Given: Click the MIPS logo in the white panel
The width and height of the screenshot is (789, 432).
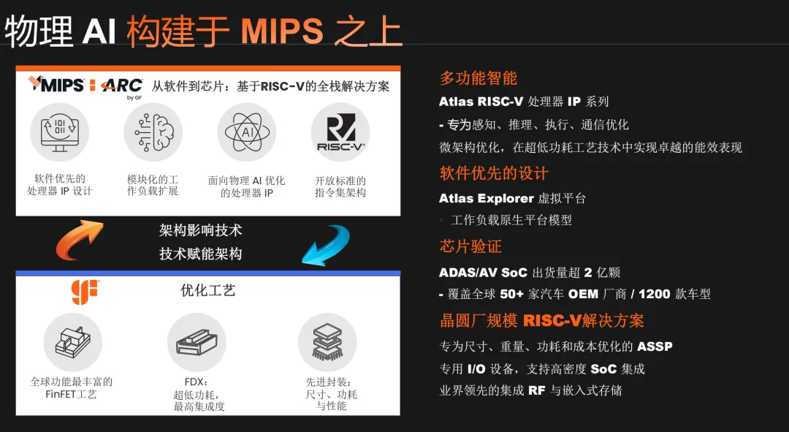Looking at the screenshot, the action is tap(56, 85).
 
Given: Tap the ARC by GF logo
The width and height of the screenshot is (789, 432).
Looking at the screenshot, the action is tap(122, 88).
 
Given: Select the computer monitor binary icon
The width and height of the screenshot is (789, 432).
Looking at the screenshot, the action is tap(59, 132).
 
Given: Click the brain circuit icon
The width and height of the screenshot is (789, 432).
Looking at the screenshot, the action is tap(153, 132).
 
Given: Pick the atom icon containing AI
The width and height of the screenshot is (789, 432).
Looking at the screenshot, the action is tap(247, 132).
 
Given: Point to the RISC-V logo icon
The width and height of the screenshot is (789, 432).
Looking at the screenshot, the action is tap(340, 132).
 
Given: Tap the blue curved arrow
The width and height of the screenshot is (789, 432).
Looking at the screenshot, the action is tap(326, 243).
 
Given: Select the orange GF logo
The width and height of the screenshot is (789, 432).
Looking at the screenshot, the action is tap(85, 292).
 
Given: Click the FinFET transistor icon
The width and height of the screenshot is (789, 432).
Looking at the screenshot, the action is tap(73, 342).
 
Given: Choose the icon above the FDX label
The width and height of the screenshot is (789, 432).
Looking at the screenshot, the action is tap(197, 342).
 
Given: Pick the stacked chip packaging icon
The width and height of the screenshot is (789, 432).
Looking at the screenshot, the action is tap(327, 342).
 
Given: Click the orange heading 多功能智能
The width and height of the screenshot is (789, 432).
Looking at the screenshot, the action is tap(478, 78).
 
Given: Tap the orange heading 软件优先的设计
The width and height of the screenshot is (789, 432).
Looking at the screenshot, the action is tap(494, 173).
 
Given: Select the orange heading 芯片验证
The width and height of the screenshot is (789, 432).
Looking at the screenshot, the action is tap(470, 246).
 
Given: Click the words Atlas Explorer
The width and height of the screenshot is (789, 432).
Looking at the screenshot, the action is tap(486, 198).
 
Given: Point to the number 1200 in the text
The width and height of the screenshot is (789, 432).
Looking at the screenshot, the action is tap(654, 294).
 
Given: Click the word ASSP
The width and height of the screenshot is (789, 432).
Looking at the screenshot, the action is tap(655, 346).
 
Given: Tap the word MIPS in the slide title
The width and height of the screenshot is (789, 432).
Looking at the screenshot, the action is tap(282, 31).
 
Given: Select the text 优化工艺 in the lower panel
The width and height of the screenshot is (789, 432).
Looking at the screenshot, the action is tap(207, 290).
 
